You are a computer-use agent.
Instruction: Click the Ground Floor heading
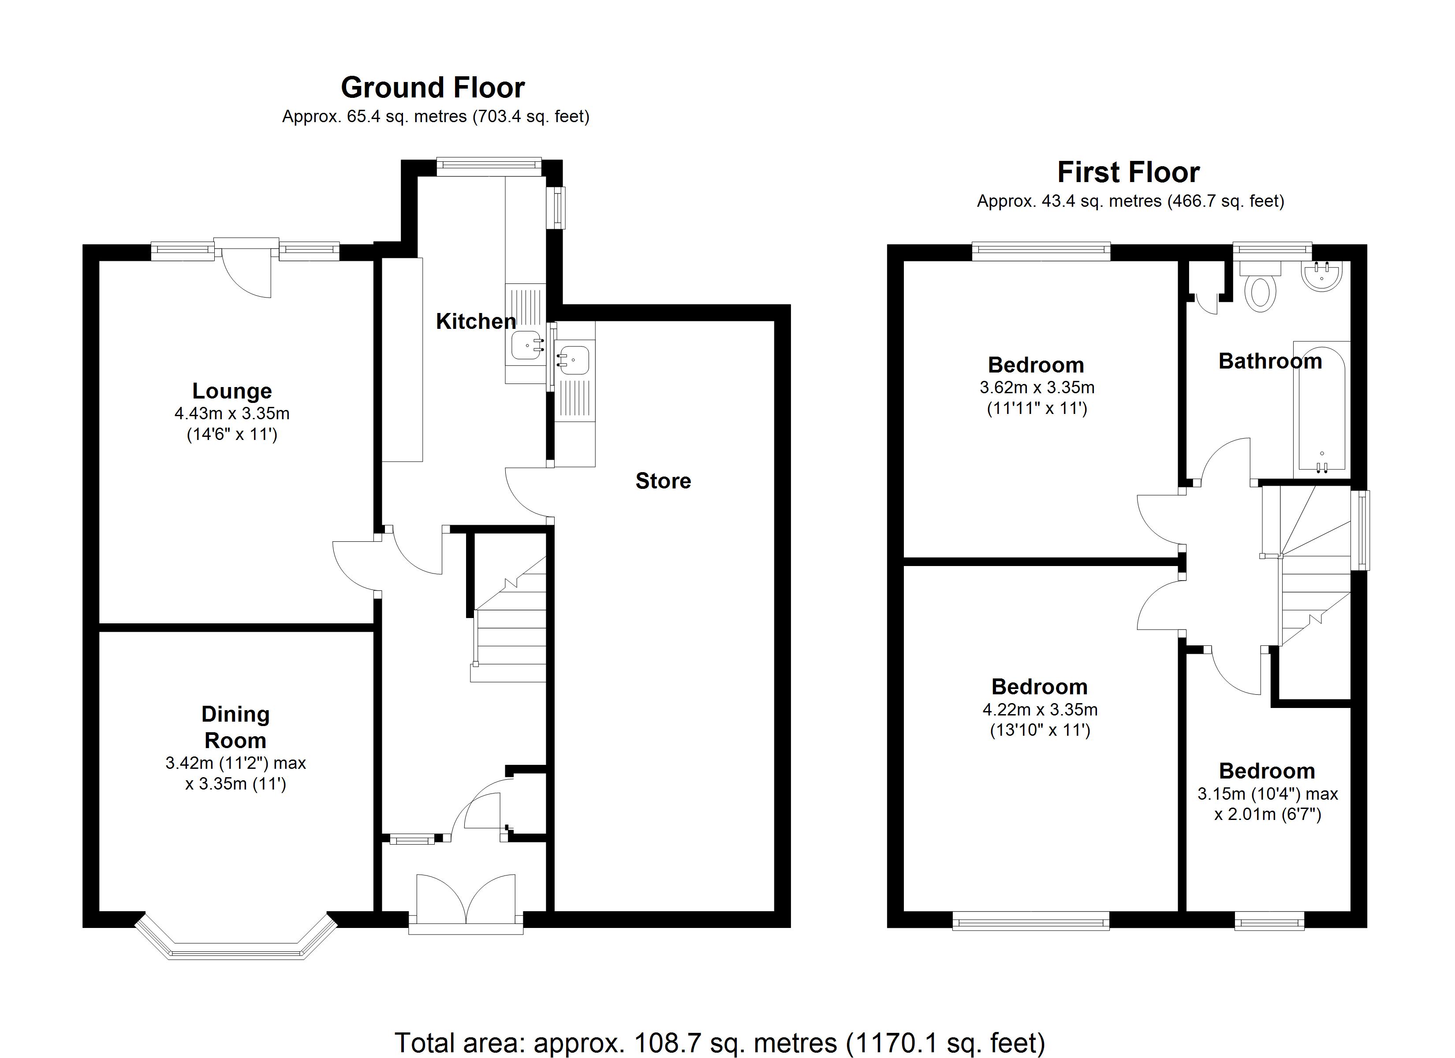[433, 88]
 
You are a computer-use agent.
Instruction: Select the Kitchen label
[475, 321]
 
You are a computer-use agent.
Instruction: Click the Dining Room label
[235, 727]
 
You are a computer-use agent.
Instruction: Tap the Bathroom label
[1269, 361]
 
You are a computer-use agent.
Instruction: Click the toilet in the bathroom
[1260, 292]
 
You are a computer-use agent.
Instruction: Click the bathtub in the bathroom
[1321, 410]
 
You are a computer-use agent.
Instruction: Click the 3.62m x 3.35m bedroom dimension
[1036, 387]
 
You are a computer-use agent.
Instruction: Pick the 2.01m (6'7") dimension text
[1267, 814]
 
